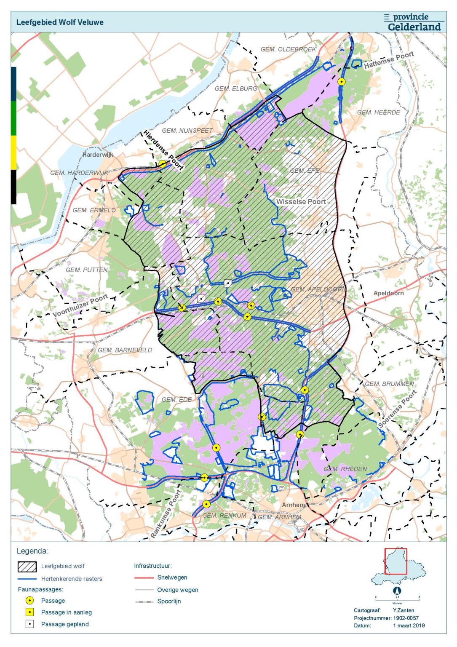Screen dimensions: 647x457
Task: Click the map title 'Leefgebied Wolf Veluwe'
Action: pos(60,22)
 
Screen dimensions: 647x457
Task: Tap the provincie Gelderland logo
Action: pos(414,22)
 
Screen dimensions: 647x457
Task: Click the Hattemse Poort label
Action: pos(389,60)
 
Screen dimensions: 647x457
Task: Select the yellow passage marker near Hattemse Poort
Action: pos(342,82)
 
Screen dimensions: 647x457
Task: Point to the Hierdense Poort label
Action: pos(163,150)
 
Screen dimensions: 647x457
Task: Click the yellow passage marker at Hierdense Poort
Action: pos(163,164)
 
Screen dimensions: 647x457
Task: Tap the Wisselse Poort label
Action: pos(301,202)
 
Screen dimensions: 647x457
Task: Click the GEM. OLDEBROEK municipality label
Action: pos(288,49)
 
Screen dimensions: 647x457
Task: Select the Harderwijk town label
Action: pos(98,155)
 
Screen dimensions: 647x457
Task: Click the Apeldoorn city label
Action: pos(388,293)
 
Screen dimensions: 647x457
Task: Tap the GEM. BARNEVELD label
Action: pos(125,350)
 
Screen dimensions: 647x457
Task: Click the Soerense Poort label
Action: pos(397,409)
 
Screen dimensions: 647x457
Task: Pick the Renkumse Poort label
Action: pos(166,514)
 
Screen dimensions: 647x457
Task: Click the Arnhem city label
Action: pos(293,505)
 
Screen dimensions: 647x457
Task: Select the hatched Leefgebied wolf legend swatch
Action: pos(27,567)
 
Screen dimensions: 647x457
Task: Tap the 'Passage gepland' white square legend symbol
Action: pos(29,624)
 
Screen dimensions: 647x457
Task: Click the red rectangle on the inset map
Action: pos(396,561)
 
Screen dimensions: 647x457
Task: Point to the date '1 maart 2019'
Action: pos(409,626)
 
